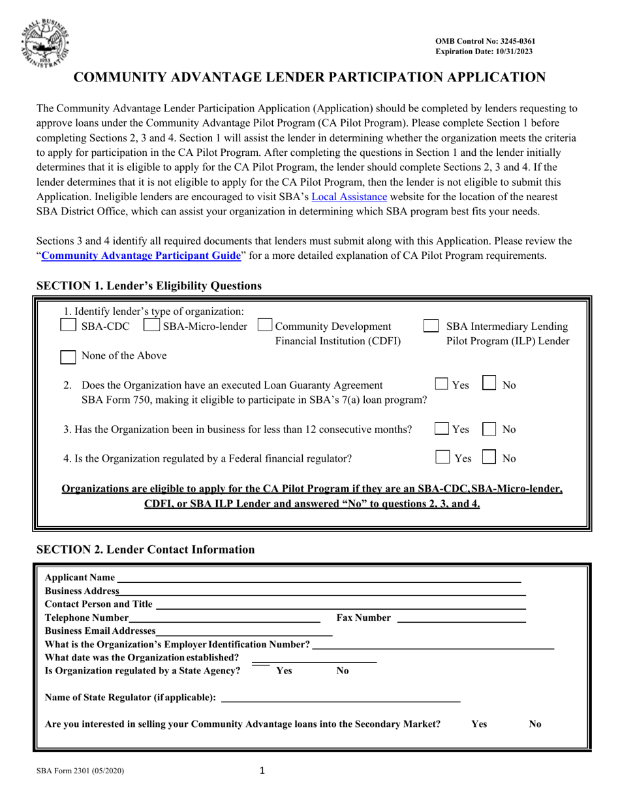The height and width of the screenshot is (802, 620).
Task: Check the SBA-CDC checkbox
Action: pyautogui.click(x=68, y=326)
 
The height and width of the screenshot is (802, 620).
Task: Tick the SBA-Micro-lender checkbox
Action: pyautogui.click(x=151, y=326)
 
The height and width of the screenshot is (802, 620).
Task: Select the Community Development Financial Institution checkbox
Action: pyautogui.click(x=266, y=326)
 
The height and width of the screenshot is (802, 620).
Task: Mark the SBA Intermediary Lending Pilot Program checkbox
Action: pyautogui.click(x=431, y=326)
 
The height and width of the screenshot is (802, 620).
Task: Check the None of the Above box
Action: pyautogui.click(x=68, y=356)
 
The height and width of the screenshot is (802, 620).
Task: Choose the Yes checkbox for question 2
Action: pyautogui.click(x=442, y=385)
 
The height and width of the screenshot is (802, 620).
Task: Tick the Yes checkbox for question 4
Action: pyautogui.click(x=442, y=458)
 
